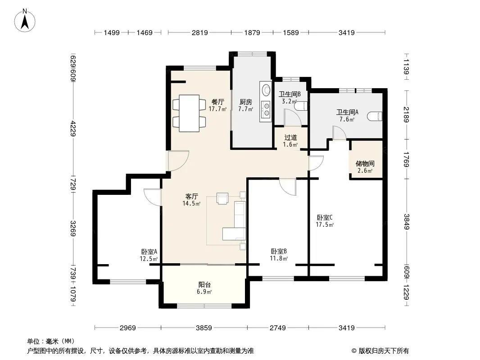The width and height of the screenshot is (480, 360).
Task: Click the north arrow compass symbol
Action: tap(25, 21)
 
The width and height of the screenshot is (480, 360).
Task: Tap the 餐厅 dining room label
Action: tap(217, 102)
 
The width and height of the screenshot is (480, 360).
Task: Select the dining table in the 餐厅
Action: tap(189, 113)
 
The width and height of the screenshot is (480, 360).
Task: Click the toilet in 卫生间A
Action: tap(375, 116)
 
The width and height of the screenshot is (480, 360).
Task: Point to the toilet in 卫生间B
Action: tap(302, 105)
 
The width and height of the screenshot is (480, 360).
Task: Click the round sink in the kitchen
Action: tap(266, 89)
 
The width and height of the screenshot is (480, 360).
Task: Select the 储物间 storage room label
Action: tap(365, 164)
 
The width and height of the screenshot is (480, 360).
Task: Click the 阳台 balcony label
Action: tap(204, 285)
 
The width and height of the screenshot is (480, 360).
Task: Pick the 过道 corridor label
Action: tap(290, 138)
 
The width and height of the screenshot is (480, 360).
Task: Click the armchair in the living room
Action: tap(222, 198)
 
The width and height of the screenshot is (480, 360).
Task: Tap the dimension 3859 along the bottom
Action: tap(204, 328)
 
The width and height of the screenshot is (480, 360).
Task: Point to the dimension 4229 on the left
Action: tap(73, 128)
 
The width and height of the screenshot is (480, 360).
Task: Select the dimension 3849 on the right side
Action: tap(406, 222)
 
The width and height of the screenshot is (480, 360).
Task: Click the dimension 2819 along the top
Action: tap(199, 32)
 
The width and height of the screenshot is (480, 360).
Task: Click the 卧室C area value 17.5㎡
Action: tap(325, 225)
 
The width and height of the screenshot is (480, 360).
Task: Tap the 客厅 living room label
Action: tap(192, 196)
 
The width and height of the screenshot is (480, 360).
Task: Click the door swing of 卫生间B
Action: tap(293, 117)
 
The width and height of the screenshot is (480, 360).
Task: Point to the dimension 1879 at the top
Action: tap(252, 32)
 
